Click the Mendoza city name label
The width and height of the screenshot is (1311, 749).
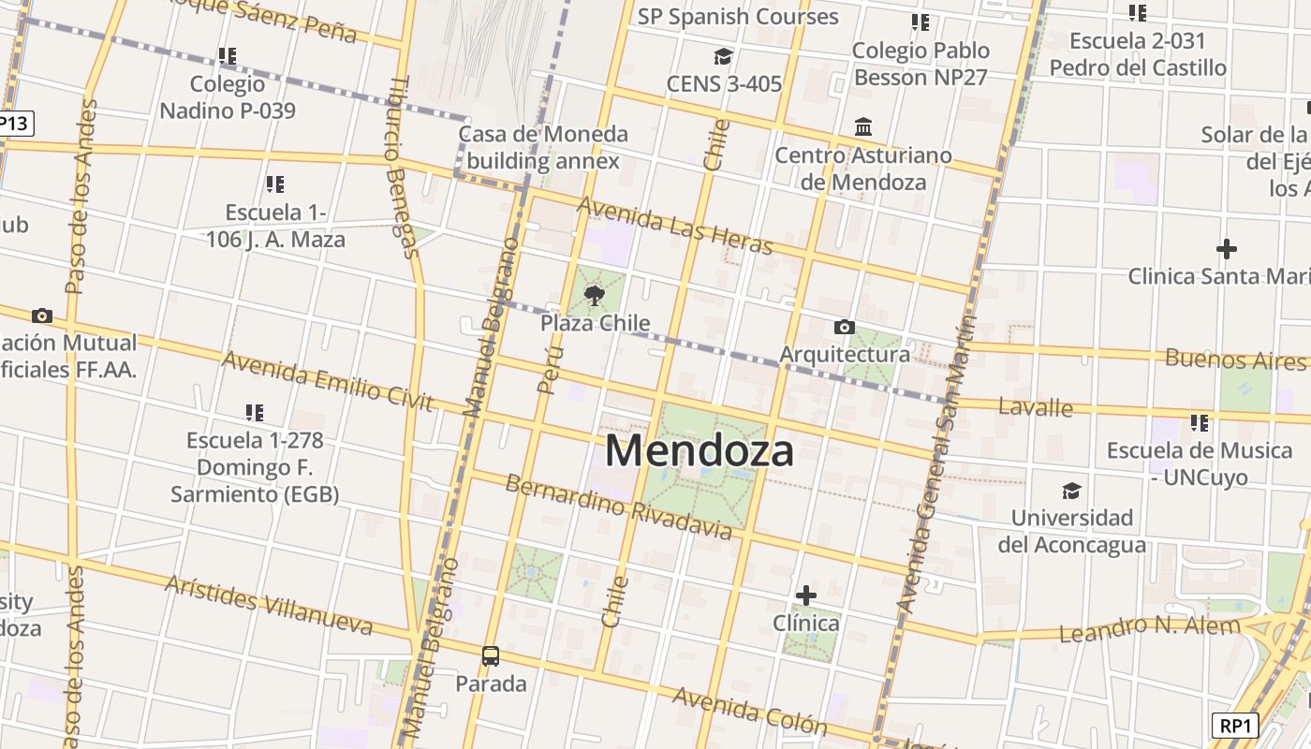point(700,450)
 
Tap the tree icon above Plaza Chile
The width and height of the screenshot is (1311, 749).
point(594,297)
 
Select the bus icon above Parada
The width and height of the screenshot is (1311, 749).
point(491,656)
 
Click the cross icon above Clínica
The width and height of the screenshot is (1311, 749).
point(805,595)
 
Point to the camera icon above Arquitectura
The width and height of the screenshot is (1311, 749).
point(844,327)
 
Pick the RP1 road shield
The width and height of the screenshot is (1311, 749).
point(1235,726)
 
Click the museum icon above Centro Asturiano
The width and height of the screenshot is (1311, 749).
point(863,126)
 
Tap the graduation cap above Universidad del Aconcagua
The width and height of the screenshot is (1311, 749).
point(1071,492)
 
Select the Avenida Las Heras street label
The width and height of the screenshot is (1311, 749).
point(674,225)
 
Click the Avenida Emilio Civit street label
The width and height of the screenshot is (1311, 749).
point(328,381)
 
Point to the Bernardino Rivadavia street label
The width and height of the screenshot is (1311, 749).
point(618,507)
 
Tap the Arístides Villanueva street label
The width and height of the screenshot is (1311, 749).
point(269,605)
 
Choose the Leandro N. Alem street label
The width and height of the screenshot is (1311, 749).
point(1149,628)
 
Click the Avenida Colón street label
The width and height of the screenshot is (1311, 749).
point(749,711)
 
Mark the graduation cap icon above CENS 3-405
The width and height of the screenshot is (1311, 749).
point(723,57)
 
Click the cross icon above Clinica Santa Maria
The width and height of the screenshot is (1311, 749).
point(1226,249)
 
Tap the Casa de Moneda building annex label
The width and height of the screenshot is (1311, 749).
point(543,147)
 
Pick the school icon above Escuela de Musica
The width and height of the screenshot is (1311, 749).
point(1200,423)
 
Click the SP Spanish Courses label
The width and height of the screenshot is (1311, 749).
point(738,17)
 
